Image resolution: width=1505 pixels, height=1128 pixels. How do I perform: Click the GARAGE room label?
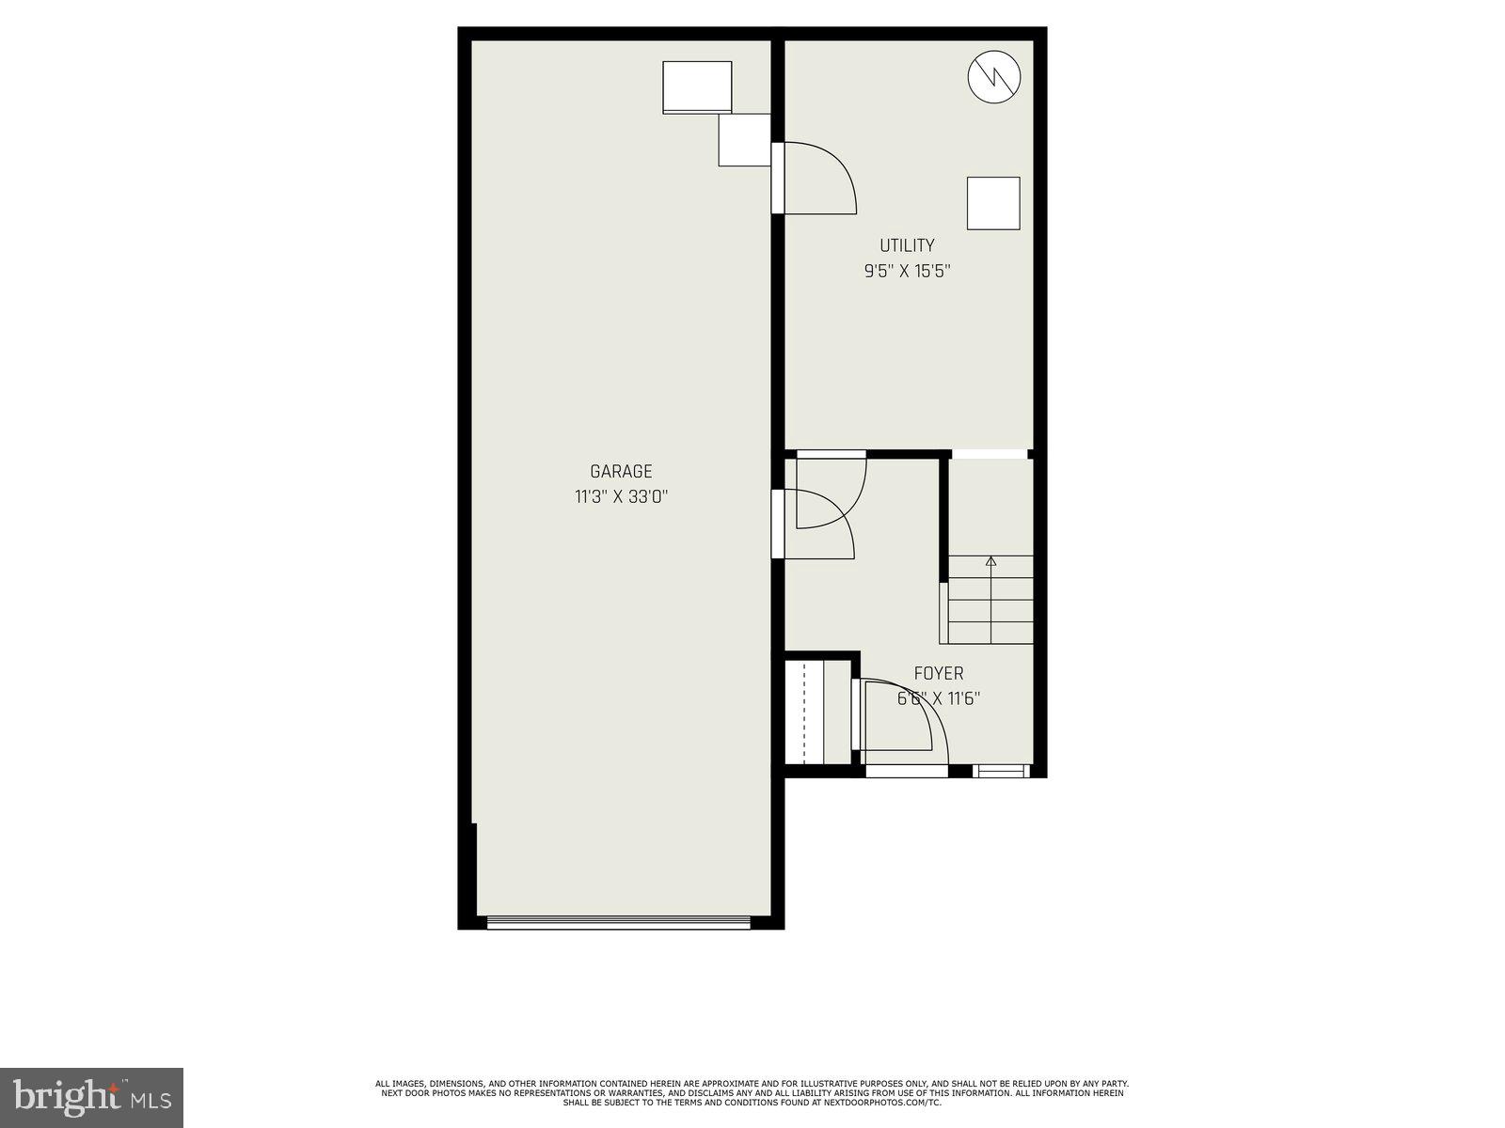tap(621, 472)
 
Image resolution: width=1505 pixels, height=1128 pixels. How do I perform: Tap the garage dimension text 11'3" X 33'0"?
tap(621, 496)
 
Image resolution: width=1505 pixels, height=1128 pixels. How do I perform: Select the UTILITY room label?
tap(907, 246)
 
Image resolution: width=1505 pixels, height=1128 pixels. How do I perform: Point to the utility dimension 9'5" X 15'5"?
tap(907, 272)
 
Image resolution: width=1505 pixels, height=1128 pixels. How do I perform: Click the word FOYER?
tap(939, 674)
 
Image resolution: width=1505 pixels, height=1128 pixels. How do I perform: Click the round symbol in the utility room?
tap(994, 75)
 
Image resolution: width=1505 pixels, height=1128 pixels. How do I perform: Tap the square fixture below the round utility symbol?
tap(993, 203)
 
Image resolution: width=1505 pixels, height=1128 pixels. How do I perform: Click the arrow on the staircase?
tap(990, 563)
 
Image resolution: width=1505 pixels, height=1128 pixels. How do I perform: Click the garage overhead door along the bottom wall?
tap(619, 923)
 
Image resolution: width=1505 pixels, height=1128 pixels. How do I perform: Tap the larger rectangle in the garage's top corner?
tap(697, 87)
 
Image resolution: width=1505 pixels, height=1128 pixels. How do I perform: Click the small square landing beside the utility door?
tap(744, 140)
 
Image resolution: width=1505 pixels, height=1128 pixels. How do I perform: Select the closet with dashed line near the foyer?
tap(804, 713)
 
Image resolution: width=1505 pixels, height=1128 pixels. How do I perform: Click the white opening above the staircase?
tap(990, 455)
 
